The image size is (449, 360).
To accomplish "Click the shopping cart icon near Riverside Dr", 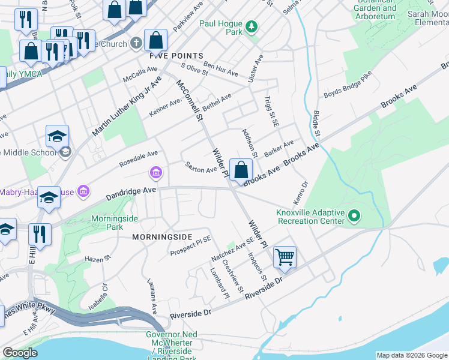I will pyautogui.click(x=285, y=257).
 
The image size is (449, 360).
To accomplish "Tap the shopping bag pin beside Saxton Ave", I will pyautogui.click(x=241, y=170).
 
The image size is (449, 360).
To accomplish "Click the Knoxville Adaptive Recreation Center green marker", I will pyautogui.click(x=354, y=215).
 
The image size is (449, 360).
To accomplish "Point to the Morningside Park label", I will pyautogui.click(x=107, y=223).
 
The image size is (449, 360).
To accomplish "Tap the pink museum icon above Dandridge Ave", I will pyautogui.click(x=155, y=174).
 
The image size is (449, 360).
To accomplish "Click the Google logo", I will pyautogui.click(x=20, y=353).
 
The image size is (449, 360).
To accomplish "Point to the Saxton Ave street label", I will pyautogui.click(x=200, y=167).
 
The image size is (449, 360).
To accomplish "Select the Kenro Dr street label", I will pyautogui.click(x=304, y=193).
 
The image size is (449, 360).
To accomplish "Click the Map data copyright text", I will pyautogui.click(x=412, y=355).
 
